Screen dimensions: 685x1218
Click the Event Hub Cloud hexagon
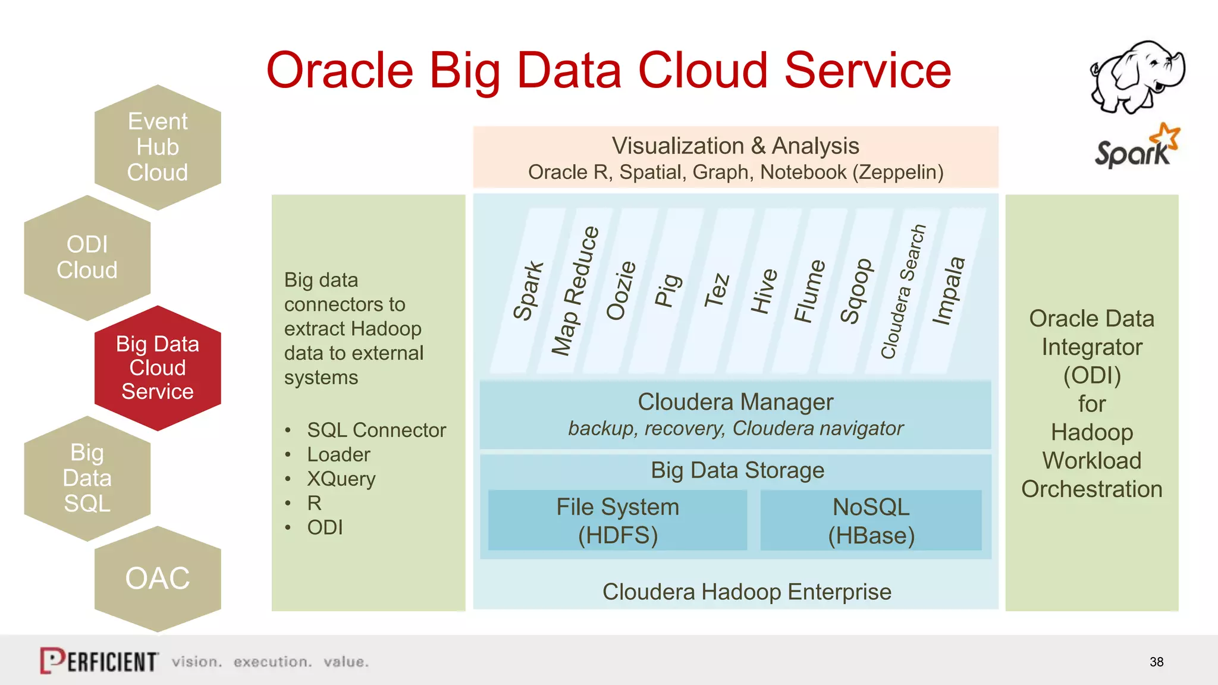pos(158,147)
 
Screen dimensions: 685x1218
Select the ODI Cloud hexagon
pos(87,257)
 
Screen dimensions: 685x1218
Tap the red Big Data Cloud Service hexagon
pos(158,368)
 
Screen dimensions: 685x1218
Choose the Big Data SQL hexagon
pos(87,478)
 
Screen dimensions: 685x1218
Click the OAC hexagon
pos(158,579)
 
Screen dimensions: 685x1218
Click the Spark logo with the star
pos(1137,147)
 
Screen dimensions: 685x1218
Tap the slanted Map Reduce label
pos(575,291)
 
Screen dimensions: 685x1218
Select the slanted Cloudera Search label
pos(903,291)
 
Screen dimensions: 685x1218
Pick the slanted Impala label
pos(948,291)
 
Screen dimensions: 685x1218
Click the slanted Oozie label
pos(621,291)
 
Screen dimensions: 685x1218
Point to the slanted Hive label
pos(764,291)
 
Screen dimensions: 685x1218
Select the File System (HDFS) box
pos(617,521)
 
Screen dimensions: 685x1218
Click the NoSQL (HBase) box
pos(871,521)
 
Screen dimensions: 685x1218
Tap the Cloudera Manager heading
pos(735,402)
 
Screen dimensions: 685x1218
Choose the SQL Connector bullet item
pos(376,430)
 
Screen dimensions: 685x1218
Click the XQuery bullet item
pos(341,479)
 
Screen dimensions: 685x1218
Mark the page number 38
pos(1156,662)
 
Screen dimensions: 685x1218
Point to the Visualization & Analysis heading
pos(735,146)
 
